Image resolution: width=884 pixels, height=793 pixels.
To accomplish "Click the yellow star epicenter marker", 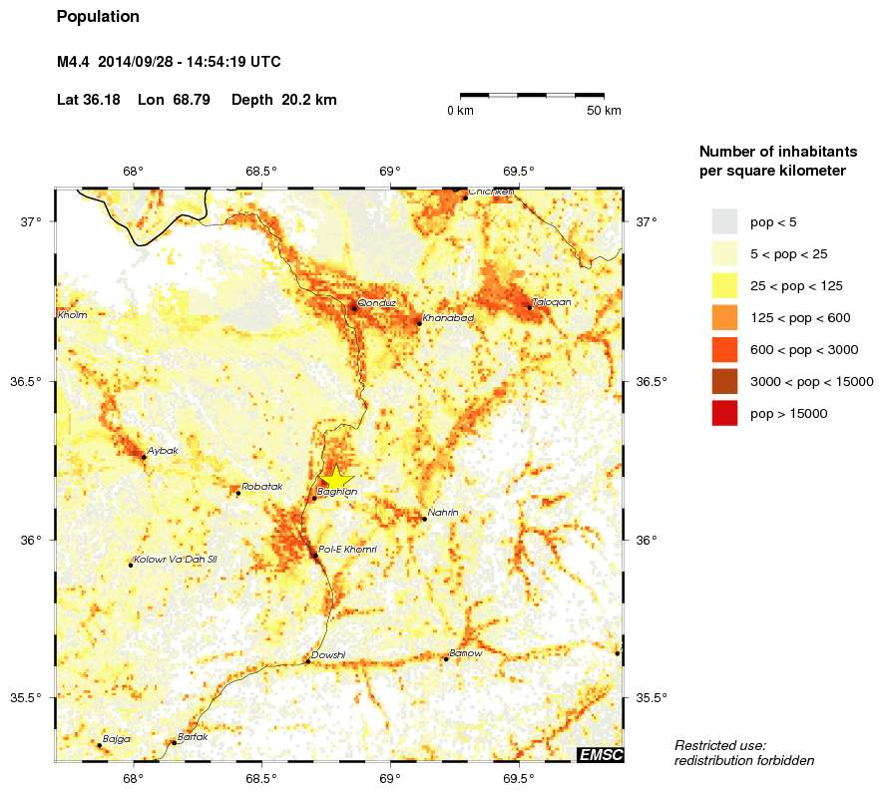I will pos(335,478).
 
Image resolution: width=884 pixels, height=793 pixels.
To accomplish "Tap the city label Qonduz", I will pos(377,301).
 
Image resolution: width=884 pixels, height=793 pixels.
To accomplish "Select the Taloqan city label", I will pos(552,301).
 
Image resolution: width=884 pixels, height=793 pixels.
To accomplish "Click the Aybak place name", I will pos(163,451).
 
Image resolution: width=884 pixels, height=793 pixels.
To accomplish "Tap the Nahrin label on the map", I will pos(443,513).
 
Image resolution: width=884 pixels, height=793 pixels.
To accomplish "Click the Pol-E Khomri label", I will pos(347,550).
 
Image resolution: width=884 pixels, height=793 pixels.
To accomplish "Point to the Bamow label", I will pos(466,653).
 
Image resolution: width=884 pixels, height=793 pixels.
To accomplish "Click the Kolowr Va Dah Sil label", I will pos(175,560).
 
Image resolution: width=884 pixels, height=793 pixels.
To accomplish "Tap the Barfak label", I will pos(193,737).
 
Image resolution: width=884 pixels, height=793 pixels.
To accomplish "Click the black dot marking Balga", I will pos(99,745).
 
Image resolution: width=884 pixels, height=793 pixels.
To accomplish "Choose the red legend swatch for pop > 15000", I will pos(724,414).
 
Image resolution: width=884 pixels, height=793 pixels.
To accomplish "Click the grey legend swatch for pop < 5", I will pos(724,221).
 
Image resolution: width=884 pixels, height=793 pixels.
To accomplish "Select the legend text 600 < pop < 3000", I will pos(805,350).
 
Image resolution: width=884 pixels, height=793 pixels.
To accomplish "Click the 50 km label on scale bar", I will pos(605,110).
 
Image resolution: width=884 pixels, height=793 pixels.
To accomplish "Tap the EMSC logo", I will pos(601,755).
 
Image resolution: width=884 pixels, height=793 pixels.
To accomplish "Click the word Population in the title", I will pos(98,17).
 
